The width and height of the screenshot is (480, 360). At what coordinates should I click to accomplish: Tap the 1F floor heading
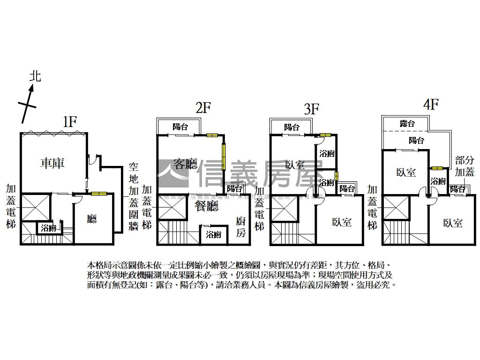[70, 122]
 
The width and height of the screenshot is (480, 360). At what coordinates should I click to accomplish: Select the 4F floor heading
[430, 104]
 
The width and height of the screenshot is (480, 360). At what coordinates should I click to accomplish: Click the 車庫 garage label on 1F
[52, 163]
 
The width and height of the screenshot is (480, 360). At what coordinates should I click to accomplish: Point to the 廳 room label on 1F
[92, 219]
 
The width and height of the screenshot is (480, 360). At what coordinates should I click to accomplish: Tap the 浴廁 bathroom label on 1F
[49, 229]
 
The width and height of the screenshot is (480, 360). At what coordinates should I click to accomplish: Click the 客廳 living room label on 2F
[185, 164]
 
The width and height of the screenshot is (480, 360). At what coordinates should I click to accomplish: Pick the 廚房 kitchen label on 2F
[240, 227]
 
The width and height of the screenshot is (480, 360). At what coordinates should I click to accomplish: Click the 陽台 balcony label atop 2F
[180, 127]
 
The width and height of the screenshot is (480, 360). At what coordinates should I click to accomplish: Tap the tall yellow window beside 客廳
[225, 157]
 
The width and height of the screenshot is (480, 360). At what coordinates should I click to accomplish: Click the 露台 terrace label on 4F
[407, 124]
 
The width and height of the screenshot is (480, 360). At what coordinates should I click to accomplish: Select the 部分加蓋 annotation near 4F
[464, 166]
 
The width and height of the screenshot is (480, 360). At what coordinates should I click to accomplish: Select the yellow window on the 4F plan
[437, 168]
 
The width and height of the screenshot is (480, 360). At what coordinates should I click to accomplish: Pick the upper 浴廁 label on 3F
[326, 153]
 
